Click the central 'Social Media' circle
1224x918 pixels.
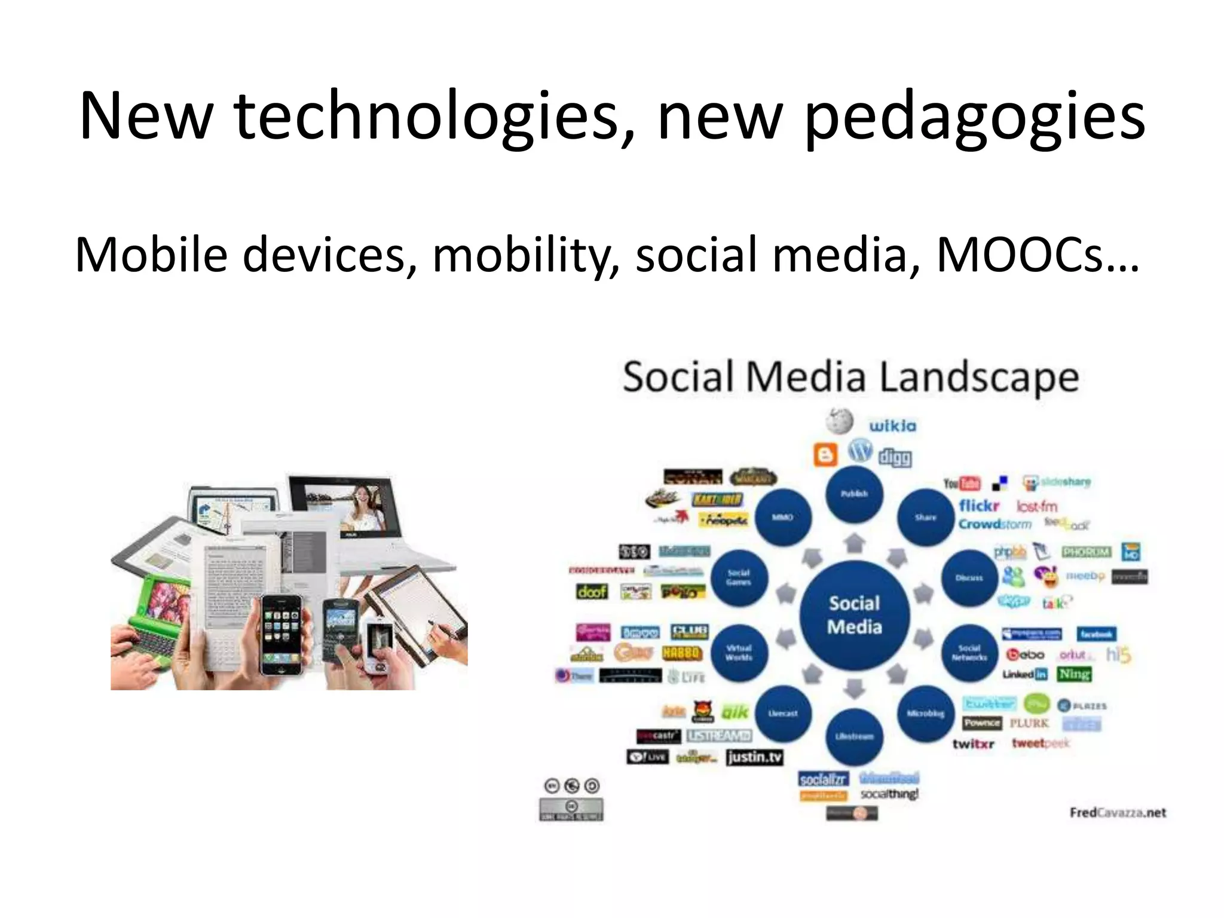tap(854, 615)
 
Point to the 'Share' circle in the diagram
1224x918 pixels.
tap(925, 518)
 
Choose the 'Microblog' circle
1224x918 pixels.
tap(925, 714)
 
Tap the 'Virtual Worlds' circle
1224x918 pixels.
tap(739, 653)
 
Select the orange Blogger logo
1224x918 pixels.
tap(825, 455)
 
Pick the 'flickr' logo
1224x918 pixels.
tap(979, 506)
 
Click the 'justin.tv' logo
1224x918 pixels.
tap(754, 757)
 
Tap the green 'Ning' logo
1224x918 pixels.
tap(1074, 674)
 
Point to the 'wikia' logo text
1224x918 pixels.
tap(892, 426)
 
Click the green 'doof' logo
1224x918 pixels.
tap(592, 592)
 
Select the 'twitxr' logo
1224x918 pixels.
tap(973, 744)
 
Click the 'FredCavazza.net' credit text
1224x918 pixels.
tap(1117, 812)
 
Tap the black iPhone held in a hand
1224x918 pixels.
tap(281, 635)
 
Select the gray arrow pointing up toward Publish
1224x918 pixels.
tap(854, 543)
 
